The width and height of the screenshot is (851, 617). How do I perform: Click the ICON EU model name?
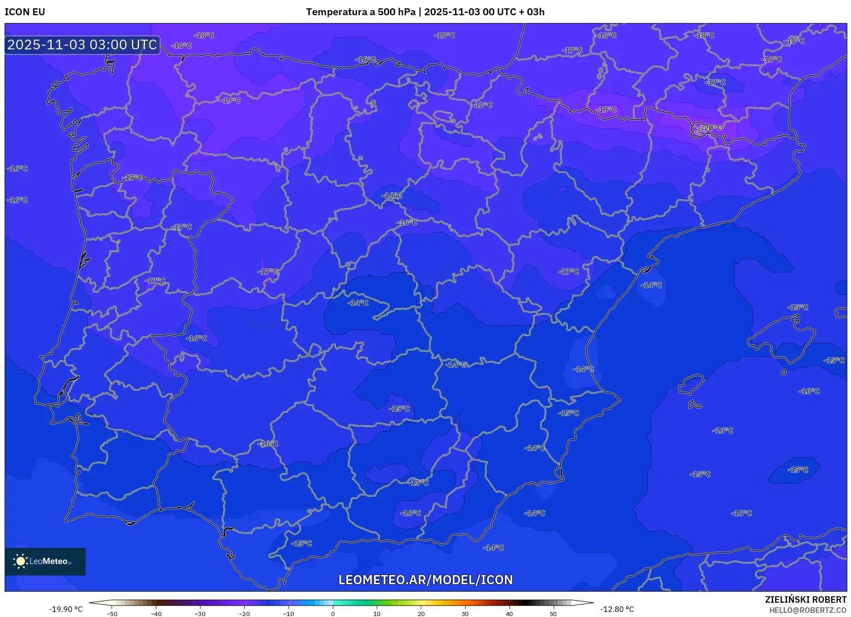(25, 12)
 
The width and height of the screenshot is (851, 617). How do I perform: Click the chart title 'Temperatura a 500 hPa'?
(360, 12)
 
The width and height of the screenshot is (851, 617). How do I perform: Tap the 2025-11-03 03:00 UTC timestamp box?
(83, 45)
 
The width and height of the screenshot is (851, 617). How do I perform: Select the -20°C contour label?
(711, 128)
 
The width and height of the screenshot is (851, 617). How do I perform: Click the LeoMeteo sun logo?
(20, 561)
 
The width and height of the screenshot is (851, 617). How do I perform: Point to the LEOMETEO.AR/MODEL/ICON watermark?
(425, 580)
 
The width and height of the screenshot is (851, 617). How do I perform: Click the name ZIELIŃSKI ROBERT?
(805, 599)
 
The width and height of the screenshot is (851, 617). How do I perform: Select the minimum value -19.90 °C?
(66, 609)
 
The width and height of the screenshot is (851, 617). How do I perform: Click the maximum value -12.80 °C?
(617, 609)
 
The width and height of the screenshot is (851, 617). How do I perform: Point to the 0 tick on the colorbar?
(333, 614)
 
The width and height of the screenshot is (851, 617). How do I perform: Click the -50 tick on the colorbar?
(112, 614)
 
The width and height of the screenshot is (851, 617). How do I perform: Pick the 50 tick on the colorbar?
(553, 614)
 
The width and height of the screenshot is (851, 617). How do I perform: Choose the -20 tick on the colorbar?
(244, 614)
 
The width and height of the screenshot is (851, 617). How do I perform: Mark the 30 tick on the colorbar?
(465, 614)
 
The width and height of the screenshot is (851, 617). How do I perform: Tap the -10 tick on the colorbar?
(289, 614)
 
